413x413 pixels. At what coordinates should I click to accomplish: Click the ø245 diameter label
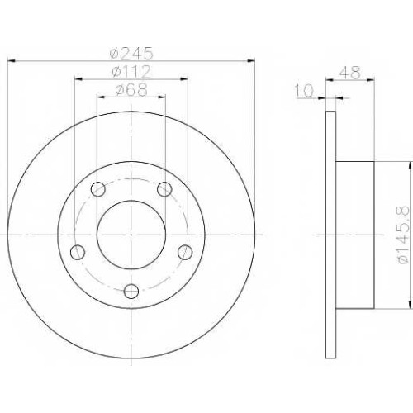tap(131, 53)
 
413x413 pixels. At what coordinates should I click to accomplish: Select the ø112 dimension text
tap(131, 72)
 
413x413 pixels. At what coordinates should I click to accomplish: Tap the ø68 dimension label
tap(131, 89)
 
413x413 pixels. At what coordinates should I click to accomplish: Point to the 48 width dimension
tap(349, 73)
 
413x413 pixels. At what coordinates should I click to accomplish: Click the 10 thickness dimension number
tap(304, 91)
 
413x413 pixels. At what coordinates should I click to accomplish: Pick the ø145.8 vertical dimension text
tap(402, 235)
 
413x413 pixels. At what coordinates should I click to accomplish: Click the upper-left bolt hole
tap(98, 189)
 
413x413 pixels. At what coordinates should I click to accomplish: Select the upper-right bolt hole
tap(164, 189)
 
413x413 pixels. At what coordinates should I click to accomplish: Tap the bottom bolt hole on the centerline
tap(131, 292)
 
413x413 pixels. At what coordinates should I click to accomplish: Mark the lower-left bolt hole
tap(78, 252)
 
